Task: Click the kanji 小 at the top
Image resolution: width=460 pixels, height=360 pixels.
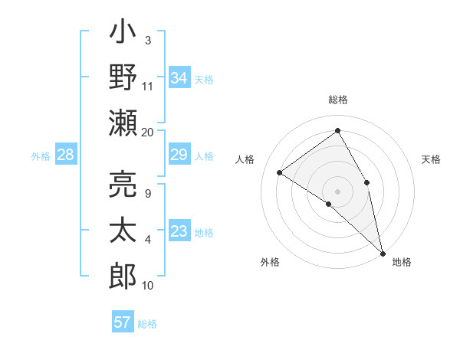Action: pyautogui.click(x=123, y=34)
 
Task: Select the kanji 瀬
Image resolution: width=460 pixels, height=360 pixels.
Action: pyautogui.click(x=123, y=123)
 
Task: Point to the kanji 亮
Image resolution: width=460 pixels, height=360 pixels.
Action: pyautogui.click(x=123, y=182)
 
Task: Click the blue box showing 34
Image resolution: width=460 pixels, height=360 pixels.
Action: pyautogui.click(x=179, y=77)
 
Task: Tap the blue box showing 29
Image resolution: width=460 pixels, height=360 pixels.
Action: pyautogui.click(x=179, y=155)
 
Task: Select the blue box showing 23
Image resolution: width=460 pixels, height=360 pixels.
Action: pyautogui.click(x=179, y=232)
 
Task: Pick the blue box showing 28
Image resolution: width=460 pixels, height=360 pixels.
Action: pyautogui.click(x=66, y=155)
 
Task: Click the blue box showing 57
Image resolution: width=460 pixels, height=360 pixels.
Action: pyautogui.click(x=123, y=322)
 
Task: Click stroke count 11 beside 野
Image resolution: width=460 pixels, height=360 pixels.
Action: pyautogui.click(x=148, y=86)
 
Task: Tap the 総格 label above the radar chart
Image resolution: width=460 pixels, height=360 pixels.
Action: pyautogui.click(x=338, y=100)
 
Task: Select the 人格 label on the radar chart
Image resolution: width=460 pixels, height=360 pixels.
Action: pyautogui.click(x=245, y=159)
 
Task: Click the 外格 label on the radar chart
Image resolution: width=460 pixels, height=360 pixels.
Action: pyautogui.click(x=270, y=262)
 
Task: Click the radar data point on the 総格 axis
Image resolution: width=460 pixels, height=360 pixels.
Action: pyautogui.click(x=338, y=131)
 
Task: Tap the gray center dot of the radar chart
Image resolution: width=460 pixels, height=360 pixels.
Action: pyautogui.click(x=338, y=191)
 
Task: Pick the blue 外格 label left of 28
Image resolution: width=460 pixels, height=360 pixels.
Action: pyautogui.click(x=41, y=156)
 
